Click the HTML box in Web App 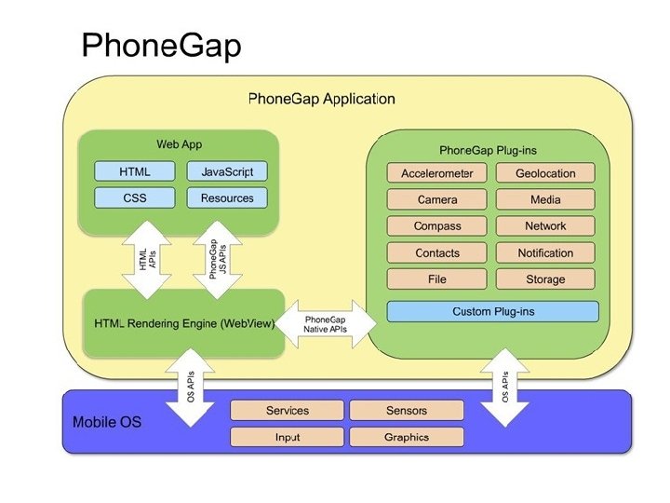(x=135, y=171)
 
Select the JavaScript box (x=227, y=171)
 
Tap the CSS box (x=135, y=198)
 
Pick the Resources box (x=227, y=198)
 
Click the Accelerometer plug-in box (x=436, y=173)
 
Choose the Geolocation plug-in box (x=545, y=173)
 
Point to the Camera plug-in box (x=436, y=199)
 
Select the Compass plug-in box (x=436, y=225)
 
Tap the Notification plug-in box (x=545, y=252)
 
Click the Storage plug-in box (x=545, y=279)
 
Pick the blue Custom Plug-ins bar (x=492, y=311)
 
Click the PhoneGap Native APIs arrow (x=325, y=324)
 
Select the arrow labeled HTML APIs (x=147, y=260)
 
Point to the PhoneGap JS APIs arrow (x=218, y=260)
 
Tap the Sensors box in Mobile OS (x=407, y=411)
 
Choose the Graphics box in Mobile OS (x=407, y=437)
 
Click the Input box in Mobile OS (x=287, y=437)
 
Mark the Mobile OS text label (x=107, y=422)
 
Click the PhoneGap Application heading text (x=321, y=99)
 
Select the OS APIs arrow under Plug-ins (x=505, y=387)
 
